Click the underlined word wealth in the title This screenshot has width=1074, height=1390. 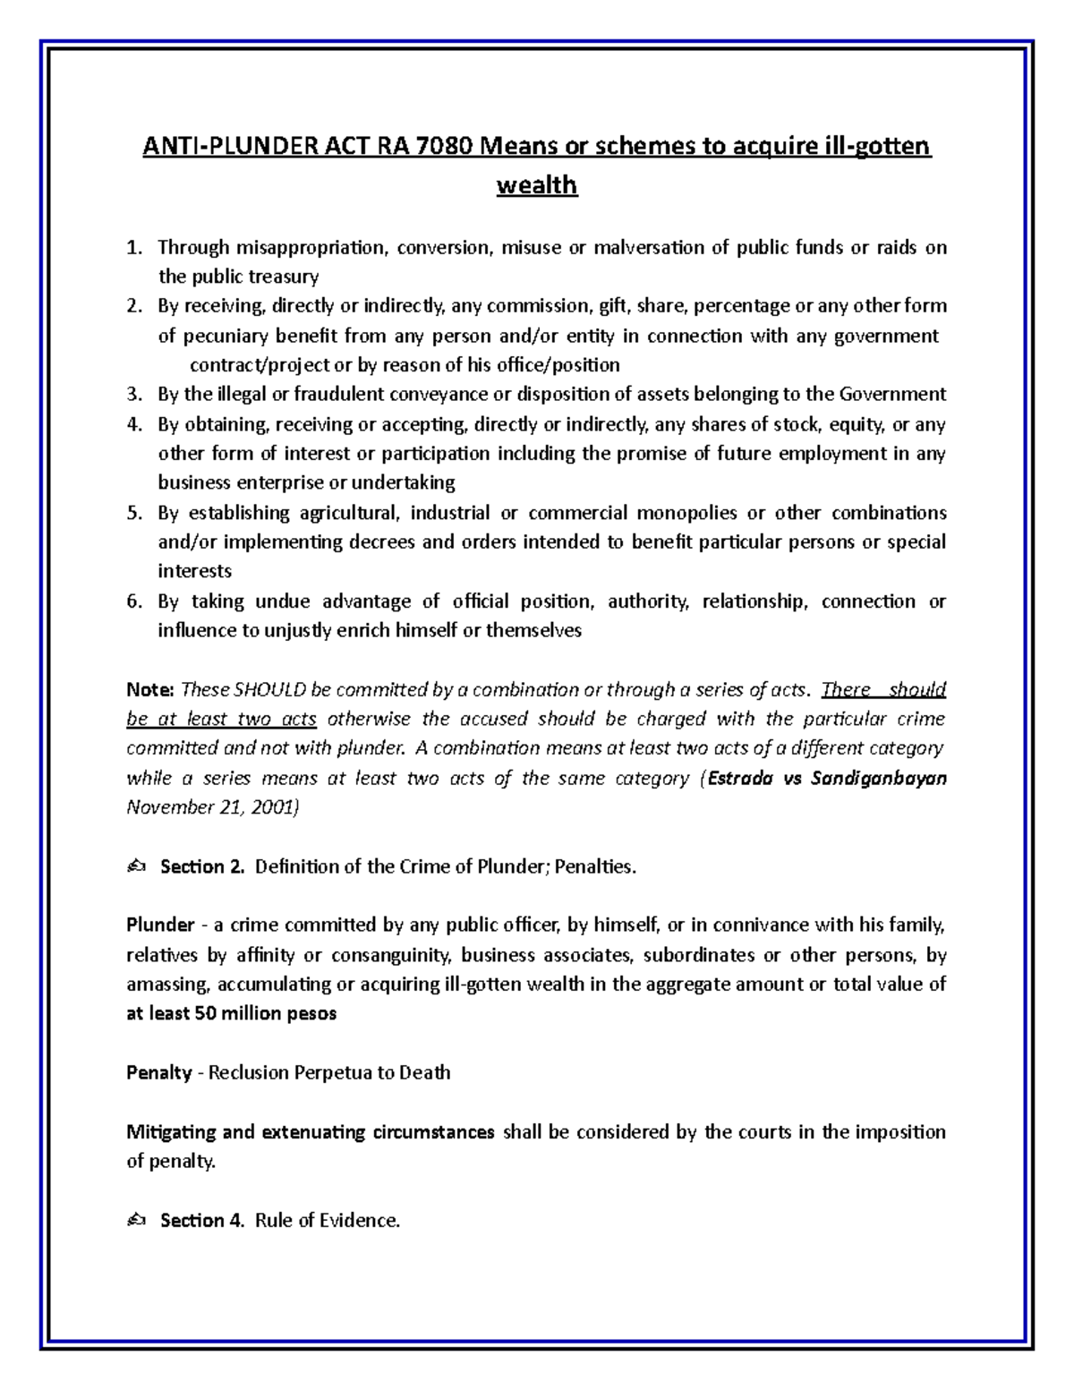click(537, 185)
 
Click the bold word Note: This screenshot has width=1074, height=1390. click(149, 690)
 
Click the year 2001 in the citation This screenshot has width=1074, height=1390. click(269, 808)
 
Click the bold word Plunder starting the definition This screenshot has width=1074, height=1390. click(160, 925)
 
